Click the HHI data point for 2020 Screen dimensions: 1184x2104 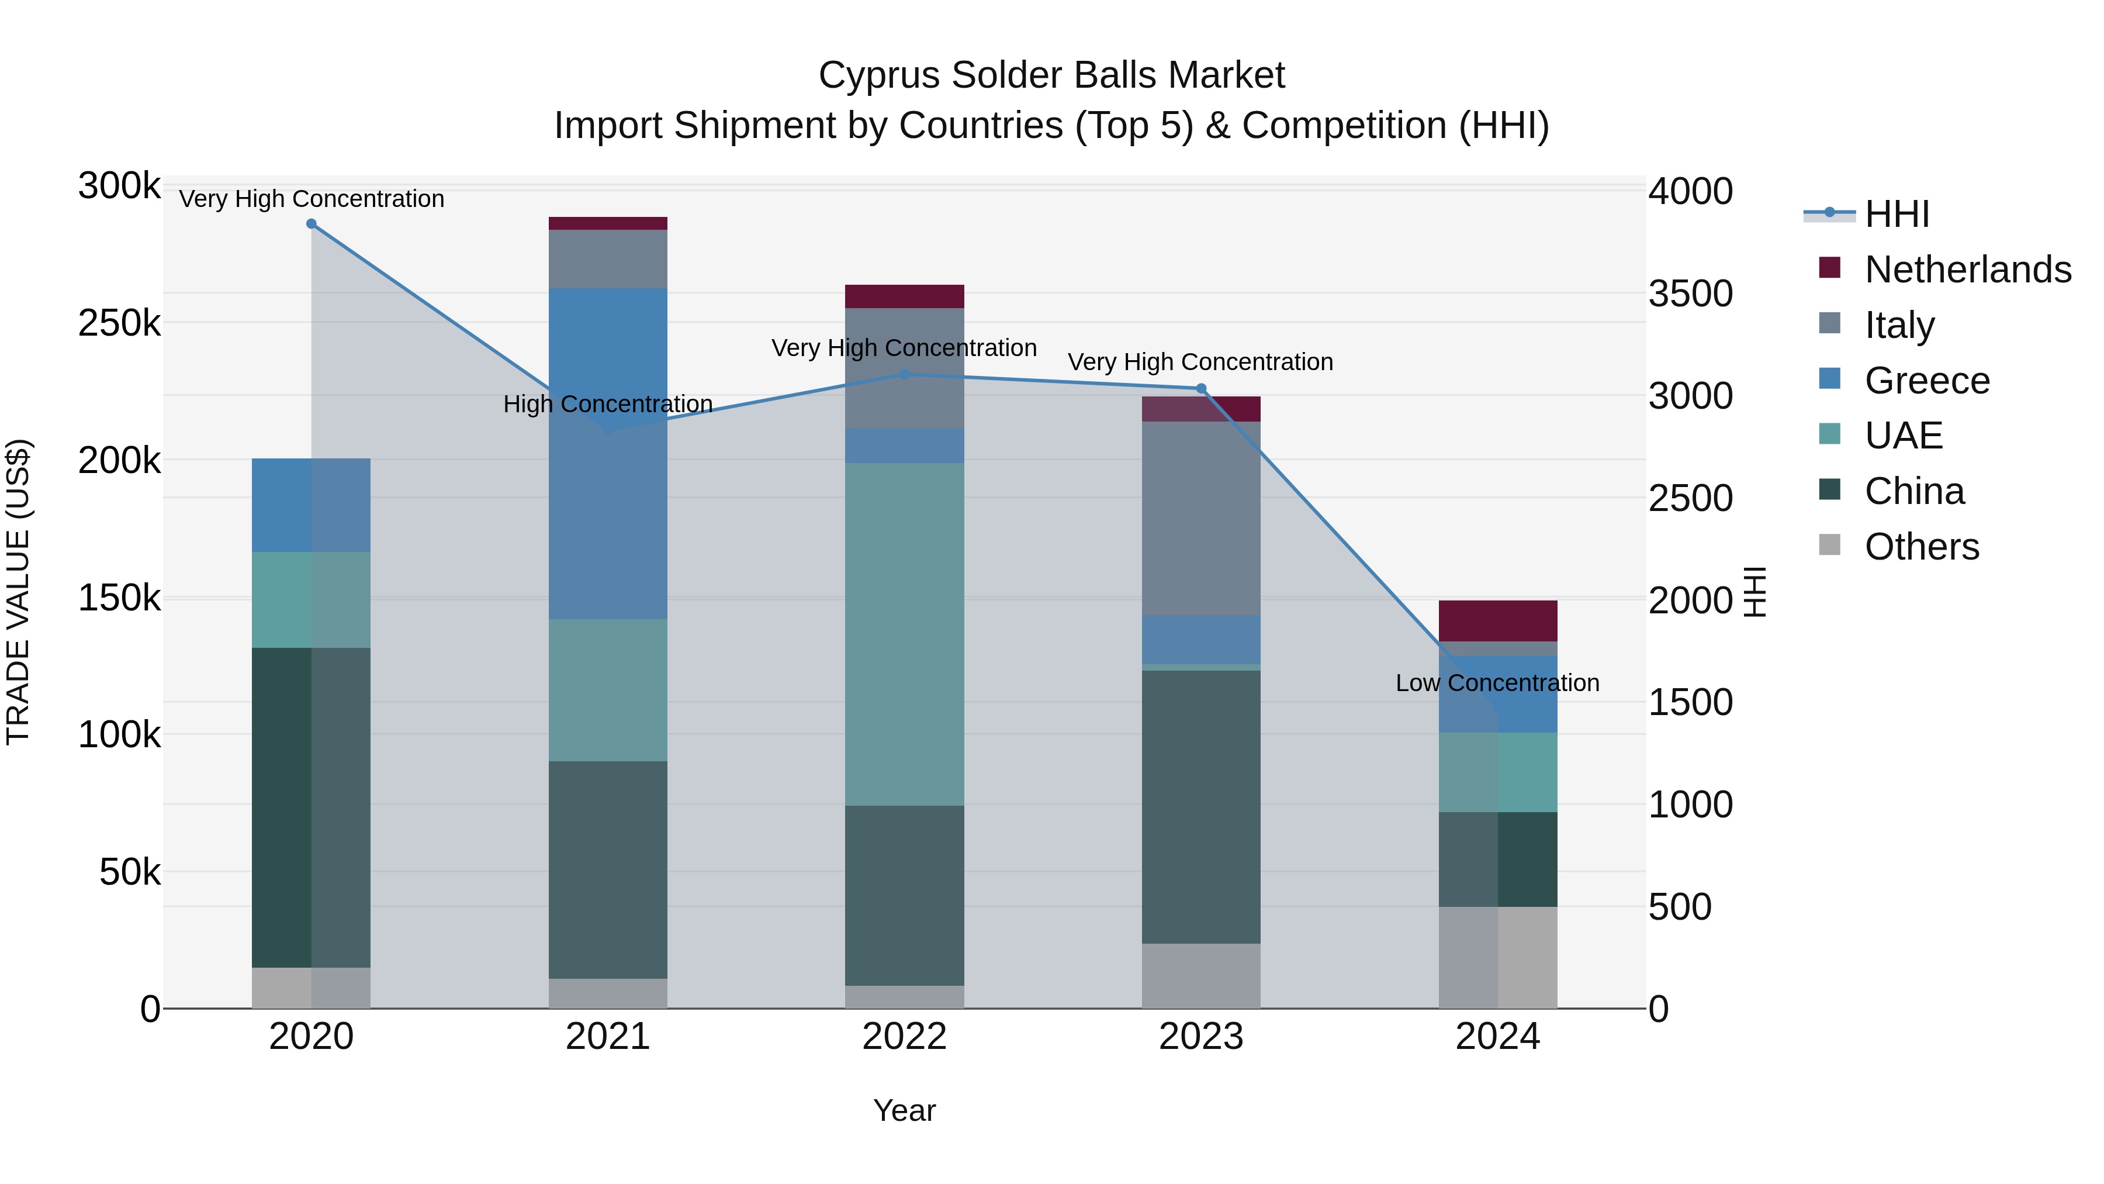(311, 224)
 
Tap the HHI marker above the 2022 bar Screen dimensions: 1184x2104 (904, 374)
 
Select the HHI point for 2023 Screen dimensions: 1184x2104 (1200, 389)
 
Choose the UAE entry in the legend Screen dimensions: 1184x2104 (1903, 436)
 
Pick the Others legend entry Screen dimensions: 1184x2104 (1921, 547)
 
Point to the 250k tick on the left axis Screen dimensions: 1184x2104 (119, 323)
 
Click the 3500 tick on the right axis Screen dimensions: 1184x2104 (1690, 294)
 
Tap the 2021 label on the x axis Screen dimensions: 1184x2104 (608, 1037)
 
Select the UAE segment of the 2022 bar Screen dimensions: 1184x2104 (904, 633)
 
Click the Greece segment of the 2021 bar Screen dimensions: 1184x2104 (608, 454)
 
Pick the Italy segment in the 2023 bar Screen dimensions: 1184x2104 (1200, 518)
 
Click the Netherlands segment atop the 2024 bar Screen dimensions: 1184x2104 (1497, 621)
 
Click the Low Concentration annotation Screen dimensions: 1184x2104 (1497, 683)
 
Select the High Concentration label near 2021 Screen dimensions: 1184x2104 (608, 405)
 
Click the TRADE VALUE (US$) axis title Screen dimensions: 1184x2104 (18, 592)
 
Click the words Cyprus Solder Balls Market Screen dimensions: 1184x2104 (1051, 75)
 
